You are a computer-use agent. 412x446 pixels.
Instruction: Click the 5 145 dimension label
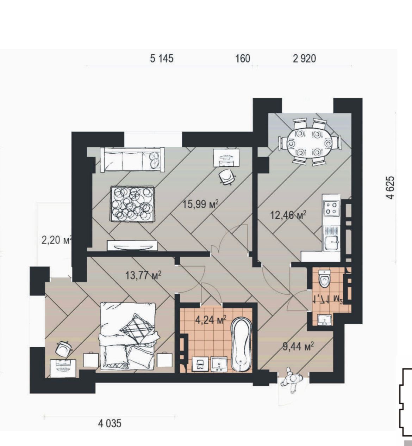162,59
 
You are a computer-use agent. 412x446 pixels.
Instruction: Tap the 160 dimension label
243,59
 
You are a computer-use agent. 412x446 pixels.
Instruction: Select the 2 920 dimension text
304,59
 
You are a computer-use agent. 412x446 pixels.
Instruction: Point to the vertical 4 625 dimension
391,188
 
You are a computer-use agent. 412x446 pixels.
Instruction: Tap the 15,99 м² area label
200,204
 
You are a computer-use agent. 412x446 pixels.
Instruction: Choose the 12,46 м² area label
288,215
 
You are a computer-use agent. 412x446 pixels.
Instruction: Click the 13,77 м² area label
143,276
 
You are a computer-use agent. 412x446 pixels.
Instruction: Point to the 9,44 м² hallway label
298,347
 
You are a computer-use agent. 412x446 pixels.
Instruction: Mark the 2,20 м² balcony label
57,240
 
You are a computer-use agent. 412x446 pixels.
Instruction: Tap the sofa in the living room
132,160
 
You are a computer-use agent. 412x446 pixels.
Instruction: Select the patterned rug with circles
132,204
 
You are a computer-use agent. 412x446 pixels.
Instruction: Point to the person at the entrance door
292,381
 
